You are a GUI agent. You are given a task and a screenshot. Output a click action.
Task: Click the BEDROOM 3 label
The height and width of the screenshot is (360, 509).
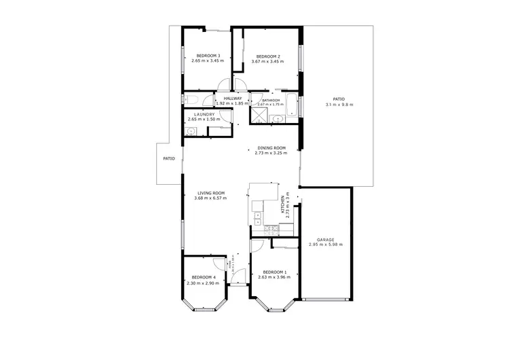(x=209, y=56)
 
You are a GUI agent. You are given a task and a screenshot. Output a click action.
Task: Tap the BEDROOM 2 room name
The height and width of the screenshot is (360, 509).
(x=268, y=56)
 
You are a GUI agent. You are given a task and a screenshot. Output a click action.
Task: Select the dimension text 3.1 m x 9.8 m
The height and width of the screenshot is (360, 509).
(x=339, y=105)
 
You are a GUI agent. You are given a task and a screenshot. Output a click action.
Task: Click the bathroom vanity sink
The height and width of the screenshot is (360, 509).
(x=278, y=119)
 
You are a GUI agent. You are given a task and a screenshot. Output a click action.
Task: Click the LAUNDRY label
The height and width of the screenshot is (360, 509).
(x=204, y=114)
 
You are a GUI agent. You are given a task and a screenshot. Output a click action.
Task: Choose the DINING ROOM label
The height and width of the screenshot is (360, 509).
(x=271, y=147)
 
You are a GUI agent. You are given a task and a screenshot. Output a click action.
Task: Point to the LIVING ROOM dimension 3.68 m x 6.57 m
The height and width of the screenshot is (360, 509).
(x=210, y=199)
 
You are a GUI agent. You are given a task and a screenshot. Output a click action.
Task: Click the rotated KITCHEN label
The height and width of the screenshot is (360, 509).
(x=283, y=204)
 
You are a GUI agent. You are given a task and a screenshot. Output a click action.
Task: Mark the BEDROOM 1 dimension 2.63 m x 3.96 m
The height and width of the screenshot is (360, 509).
(x=273, y=277)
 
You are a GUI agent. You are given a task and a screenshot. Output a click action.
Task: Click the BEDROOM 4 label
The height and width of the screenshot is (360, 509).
(x=204, y=277)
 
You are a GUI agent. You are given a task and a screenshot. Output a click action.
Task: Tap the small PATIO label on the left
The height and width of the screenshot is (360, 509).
(x=169, y=159)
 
